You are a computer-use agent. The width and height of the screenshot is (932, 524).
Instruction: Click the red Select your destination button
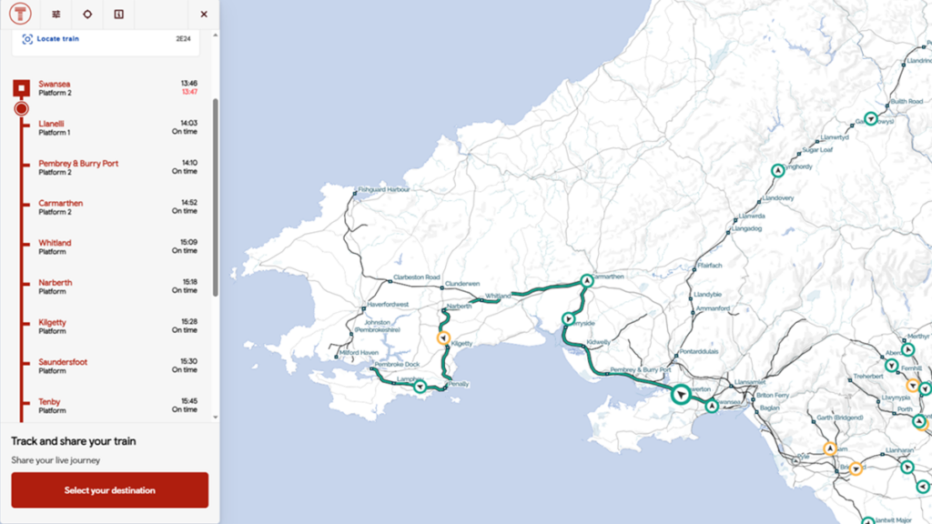[x=109, y=490]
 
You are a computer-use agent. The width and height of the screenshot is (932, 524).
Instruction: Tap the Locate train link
[x=57, y=39]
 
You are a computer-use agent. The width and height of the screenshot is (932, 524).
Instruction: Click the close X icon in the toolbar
[x=204, y=15]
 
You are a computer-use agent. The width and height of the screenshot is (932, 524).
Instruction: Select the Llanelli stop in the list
[x=51, y=124]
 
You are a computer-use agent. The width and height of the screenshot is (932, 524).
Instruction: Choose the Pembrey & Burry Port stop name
[x=78, y=164]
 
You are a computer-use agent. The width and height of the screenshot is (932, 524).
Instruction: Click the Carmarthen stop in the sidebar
[x=60, y=204]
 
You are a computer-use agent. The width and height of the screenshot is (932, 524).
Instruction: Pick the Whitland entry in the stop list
[x=55, y=243]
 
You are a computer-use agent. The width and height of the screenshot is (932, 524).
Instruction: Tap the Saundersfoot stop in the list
[x=63, y=362]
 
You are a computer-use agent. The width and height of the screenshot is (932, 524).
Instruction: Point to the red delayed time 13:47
[x=189, y=92]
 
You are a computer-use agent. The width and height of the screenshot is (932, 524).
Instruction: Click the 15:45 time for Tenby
[x=188, y=401]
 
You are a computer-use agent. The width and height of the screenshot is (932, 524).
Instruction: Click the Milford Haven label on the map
[x=358, y=353]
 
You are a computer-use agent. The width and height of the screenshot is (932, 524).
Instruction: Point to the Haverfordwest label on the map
[x=388, y=304]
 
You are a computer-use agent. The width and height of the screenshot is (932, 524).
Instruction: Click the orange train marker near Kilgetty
[x=443, y=338]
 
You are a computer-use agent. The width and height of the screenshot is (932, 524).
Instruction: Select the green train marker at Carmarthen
[x=587, y=281]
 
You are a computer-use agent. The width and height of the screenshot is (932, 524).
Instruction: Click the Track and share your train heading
[x=74, y=441]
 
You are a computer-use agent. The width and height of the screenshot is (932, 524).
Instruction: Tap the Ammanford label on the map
[x=712, y=308]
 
